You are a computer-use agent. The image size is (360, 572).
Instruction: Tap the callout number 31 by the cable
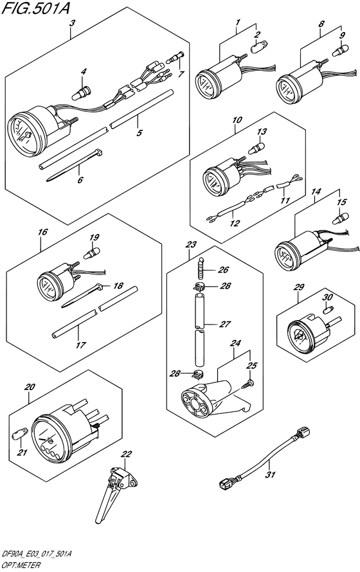pyautogui.click(x=271, y=476)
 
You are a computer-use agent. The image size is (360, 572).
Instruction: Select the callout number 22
pyautogui.click(x=126, y=454)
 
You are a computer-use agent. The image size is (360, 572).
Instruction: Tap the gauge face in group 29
pyautogui.click(x=298, y=334)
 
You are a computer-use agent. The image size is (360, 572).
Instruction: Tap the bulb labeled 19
pyautogui.click(x=93, y=251)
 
